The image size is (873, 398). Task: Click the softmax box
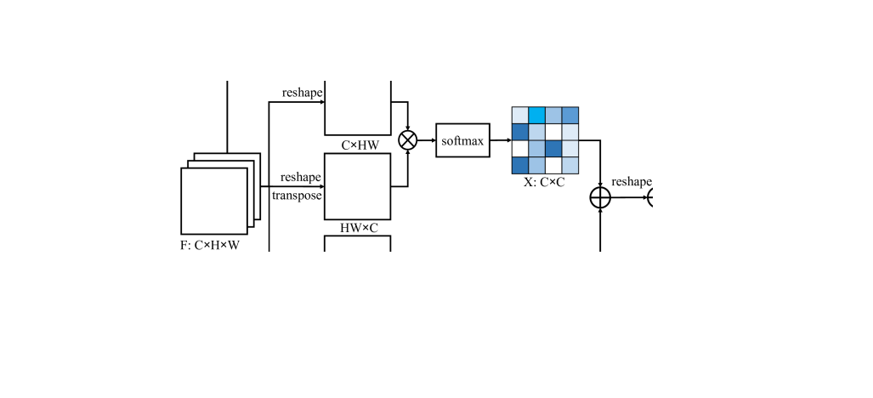click(x=462, y=140)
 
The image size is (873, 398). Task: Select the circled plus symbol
click(x=600, y=197)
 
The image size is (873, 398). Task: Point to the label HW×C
click(x=358, y=226)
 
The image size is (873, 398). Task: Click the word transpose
click(x=297, y=195)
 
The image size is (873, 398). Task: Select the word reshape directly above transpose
click(x=301, y=177)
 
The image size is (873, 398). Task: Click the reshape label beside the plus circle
click(x=632, y=181)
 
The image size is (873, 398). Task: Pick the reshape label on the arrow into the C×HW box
click(x=301, y=92)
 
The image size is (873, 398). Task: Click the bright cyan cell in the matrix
click(x=536, y=115)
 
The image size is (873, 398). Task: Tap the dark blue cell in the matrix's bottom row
click(x=519, y=165)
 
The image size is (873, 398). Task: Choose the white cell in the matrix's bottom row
click(x=553, y=165)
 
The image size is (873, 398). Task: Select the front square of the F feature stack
click(x=213, y=201)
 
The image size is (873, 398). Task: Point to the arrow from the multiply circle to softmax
click(x=427, y=140)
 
